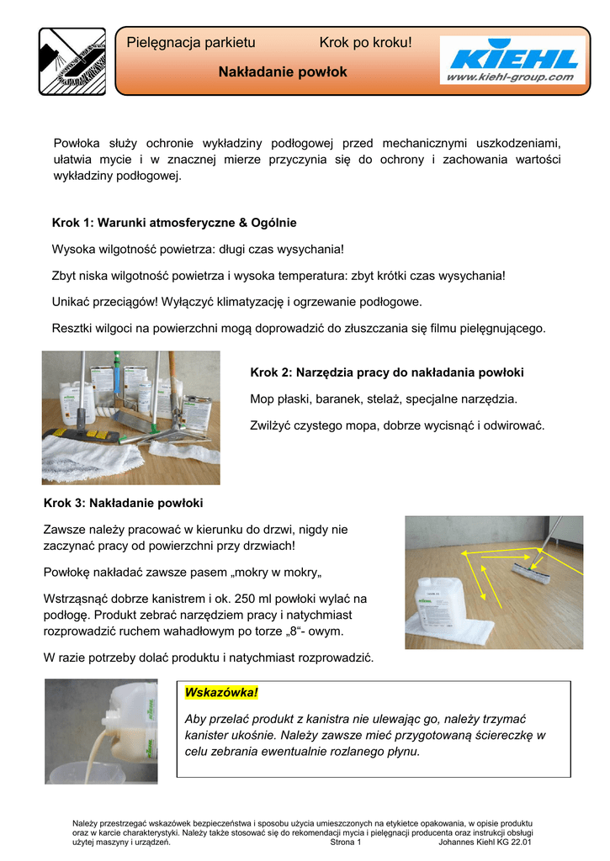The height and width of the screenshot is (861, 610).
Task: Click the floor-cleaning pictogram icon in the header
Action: [x=72, y=61]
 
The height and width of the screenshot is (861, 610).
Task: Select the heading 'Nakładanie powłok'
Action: [x=283, y=73]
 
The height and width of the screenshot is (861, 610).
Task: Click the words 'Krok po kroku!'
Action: [x=366, y=43]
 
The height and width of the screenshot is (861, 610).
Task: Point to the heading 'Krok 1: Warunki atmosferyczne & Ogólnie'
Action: [x=174, y=223]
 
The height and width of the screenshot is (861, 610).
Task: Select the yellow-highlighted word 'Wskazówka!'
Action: [x=220, y=692]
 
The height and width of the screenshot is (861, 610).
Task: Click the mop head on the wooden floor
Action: [x=531, y=573]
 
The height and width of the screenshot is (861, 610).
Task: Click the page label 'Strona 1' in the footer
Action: [x=346, y=842]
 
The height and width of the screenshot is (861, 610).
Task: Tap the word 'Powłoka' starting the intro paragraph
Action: [x=78, y=143]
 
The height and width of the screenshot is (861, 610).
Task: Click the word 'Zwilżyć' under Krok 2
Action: [x=272, y=425]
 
